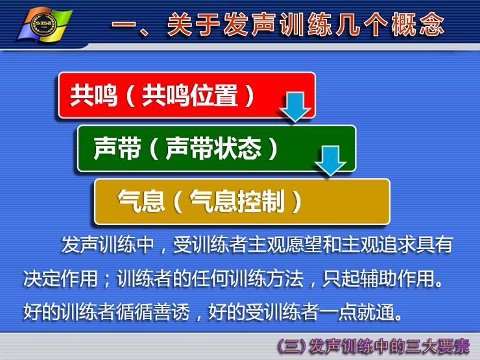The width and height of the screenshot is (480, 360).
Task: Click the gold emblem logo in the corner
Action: [45, 25]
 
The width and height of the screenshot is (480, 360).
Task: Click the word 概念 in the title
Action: [418, 25]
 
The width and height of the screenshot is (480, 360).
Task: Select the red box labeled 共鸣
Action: [187, 95]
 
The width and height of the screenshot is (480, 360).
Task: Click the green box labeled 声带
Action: [217, 149]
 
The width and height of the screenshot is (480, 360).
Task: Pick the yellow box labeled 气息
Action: [242, 202]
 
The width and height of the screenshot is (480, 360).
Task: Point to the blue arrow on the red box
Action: [295, 107]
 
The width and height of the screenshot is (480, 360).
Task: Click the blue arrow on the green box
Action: [330, 161]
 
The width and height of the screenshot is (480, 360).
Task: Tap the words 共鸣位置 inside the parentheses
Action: [190, 95]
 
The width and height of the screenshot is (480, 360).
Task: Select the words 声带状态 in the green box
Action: [213, 149]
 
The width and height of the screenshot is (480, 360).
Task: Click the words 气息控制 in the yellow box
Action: [237, 202]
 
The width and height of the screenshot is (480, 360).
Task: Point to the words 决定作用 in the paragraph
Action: [60, 278]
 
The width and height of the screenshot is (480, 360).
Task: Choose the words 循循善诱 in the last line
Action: [152, 312]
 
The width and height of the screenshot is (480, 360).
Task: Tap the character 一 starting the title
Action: [123, 25]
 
